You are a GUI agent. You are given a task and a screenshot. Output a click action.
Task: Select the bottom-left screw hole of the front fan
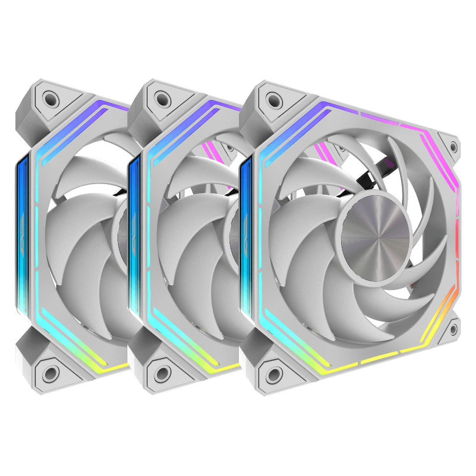click(273, 372)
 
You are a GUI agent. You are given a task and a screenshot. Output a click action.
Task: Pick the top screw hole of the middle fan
click(160, 96)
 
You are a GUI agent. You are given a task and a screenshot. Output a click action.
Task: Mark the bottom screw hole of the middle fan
click(161, 372)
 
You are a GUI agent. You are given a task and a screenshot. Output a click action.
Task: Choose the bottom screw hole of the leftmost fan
click(51, 372)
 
